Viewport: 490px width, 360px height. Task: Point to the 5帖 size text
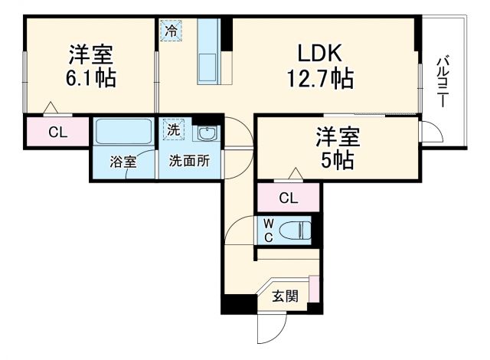coord(337,161)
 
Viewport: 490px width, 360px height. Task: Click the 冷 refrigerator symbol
coord(171,31)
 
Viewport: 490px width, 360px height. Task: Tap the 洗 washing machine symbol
coord(173,130)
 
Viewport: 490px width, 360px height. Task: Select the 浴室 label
coord(122,162)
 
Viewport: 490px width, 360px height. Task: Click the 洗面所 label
coord(189,162)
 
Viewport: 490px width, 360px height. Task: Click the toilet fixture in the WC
coord(296,229)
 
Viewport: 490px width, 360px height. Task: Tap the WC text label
coord(269,229)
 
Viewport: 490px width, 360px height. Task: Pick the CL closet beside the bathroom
coord(57,132)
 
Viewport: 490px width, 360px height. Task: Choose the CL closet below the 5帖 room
coord(288,198)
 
